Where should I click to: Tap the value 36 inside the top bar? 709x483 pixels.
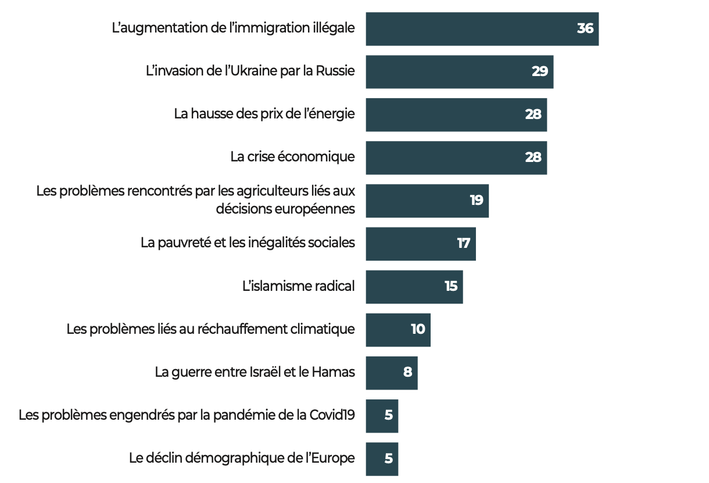pos(585,28)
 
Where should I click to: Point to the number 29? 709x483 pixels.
pos(540,71)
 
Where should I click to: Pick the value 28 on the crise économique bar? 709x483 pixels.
pos(533,157)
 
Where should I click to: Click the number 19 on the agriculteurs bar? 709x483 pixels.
pos(477,200)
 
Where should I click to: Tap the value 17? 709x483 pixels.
pos(463,243)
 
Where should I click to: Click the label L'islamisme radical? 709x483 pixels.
pos(298,286)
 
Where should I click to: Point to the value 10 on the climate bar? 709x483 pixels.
pos(418,329)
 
